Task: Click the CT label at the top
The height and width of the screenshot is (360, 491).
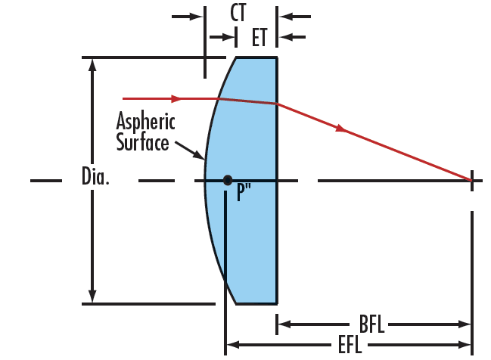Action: click(x=238, y=13)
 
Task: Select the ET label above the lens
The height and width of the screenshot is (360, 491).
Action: click(x=259, y=37)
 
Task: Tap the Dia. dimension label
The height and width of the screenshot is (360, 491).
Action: click(x=95, y=176)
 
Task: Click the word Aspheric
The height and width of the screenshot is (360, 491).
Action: click(x=145, y=121)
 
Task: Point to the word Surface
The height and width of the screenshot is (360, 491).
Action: click(x=142, y=142)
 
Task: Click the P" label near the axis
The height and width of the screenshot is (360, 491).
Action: click(x=244, y=191)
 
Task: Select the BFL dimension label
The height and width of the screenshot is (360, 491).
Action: click(x=371, y=324)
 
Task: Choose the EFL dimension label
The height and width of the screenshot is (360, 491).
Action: click(x=350, y=345)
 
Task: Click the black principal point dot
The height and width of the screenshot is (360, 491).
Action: click(x=228, y=180)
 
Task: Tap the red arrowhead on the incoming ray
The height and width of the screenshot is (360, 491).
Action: click(x=176, y=98)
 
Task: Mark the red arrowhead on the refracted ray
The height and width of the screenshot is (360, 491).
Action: click(x=340, y=128)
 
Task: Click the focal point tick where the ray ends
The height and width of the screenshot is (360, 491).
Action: click(x=472, y=181)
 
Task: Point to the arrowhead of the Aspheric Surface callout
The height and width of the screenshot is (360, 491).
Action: click(x=199, y=155)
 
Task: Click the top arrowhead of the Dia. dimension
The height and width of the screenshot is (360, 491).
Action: click(x=92, y=64)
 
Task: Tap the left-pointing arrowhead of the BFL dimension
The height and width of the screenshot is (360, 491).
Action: click(x=284, y=324)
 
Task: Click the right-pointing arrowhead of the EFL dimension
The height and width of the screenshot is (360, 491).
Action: click(x=465, y=345)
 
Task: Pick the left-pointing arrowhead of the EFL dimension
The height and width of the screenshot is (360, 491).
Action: click(x=233, y=345)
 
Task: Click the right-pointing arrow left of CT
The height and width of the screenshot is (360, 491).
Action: click(x=187, y=17)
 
